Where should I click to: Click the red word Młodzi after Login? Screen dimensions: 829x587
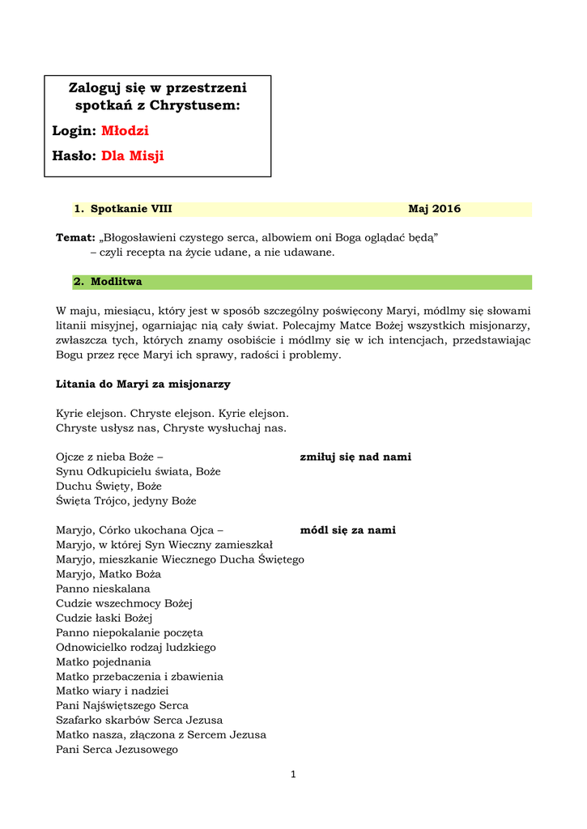click(x=125, y=131)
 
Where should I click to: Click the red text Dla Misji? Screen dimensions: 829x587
click(x=132, y=156)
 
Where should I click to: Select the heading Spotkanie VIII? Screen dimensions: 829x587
click(x=131, y=209)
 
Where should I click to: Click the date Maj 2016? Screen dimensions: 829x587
click(x=434, y=209)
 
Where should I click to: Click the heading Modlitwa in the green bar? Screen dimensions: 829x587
click(x=116, y=282)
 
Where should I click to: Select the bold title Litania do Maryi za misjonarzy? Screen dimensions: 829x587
click(x=143, y=384)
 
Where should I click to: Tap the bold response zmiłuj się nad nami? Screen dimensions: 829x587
click(x=355, y=457)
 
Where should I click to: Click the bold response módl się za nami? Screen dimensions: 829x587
click(x=347, y=530)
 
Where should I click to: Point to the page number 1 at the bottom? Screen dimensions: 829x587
click(x=293, y=775)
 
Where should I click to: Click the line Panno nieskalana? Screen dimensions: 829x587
click(x=103, y=589)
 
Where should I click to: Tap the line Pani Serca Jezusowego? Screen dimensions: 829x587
click(x=117, y=749)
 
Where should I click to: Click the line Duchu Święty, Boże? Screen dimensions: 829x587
click(x=108, y=487)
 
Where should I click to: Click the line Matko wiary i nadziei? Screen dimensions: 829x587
click(x=112, y=691)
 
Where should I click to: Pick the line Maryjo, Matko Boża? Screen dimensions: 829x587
click(x=108, y=574)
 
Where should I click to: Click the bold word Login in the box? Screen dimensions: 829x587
click(x=73, y=131)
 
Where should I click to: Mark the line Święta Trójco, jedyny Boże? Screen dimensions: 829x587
click(x=125, y=501)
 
